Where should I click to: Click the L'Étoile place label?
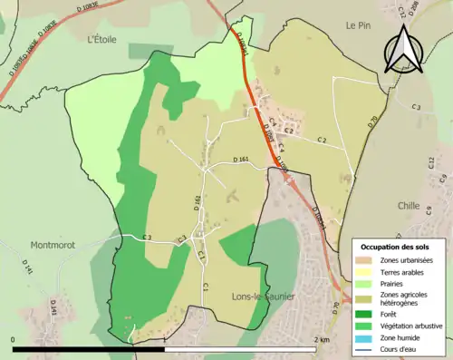103,39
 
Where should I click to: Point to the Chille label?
409,206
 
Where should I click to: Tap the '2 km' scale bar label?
321,339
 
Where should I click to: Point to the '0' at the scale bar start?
14,339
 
